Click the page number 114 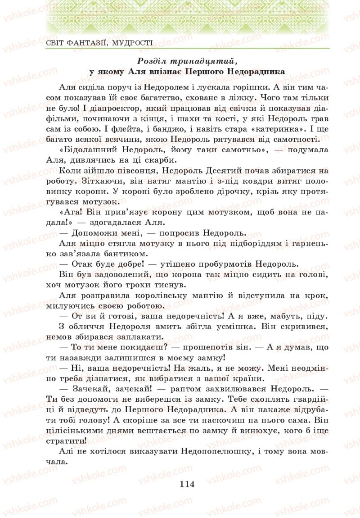pyautogui.click(x=186, y=484)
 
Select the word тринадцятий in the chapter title pyautogui.click(x=197, y=60)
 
